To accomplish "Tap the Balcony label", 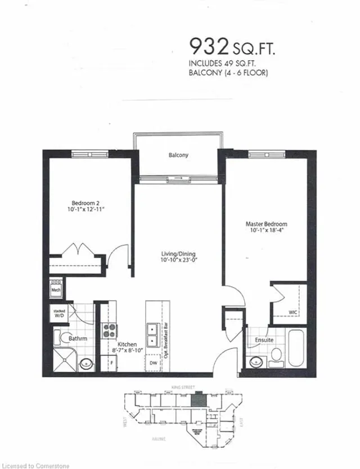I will click(178, 155).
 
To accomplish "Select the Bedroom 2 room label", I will click(85, 203).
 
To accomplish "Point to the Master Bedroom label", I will click(266, 223).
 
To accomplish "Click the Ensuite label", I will click(264, 340).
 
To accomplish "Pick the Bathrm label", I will click(77, 339).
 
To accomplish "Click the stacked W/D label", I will click(59, 313).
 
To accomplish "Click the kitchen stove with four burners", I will click(109, 331).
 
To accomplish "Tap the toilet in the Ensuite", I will click(276, 355).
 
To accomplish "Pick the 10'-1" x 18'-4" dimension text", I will click(266, 230).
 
